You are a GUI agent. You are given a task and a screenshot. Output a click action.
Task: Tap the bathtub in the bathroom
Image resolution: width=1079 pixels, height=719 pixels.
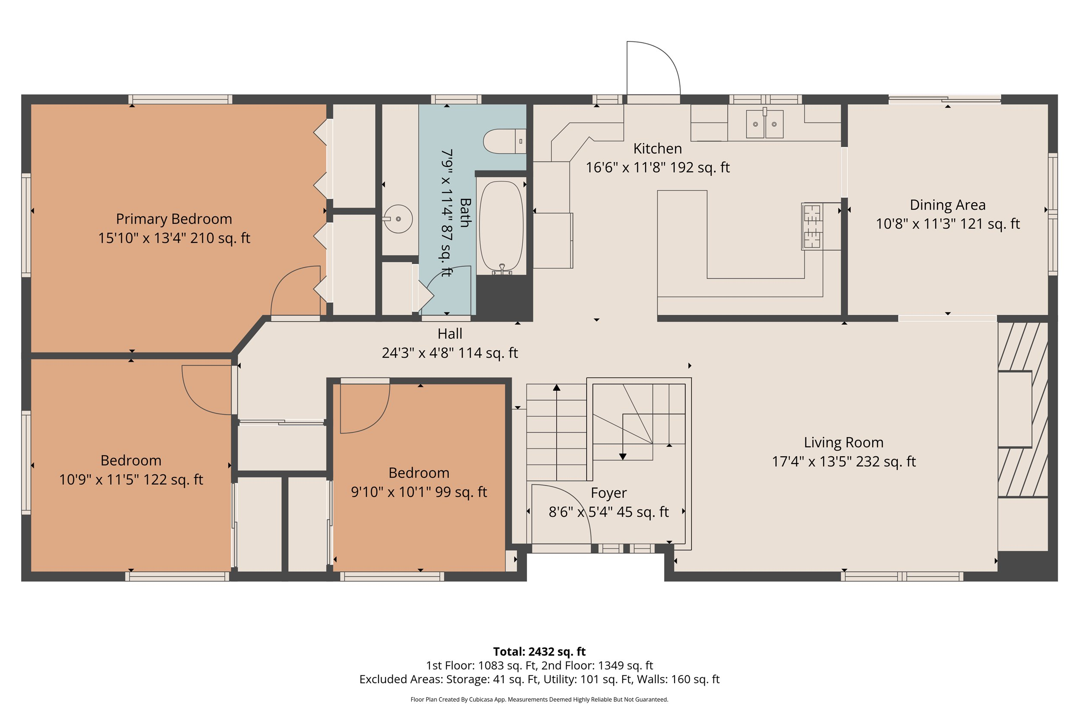(x=501, y=226)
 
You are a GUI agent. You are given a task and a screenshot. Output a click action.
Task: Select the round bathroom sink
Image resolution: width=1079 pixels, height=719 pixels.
(x=398, y=219)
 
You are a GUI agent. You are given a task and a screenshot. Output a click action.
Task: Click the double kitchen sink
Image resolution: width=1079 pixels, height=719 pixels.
(x=764, y=124)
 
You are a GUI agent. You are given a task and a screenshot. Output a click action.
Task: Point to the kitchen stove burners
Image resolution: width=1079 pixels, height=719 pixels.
(x=811, y=226)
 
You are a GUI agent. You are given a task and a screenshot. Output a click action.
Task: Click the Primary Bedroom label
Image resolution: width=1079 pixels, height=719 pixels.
(x=174, y=219)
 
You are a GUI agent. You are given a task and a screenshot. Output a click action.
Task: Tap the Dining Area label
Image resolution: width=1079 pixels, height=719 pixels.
(x=947, y=204)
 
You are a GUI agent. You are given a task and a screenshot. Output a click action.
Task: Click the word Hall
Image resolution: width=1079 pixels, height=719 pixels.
(x=450, y=333)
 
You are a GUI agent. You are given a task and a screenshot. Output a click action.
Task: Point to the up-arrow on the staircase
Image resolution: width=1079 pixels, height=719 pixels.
(x=556, y=388)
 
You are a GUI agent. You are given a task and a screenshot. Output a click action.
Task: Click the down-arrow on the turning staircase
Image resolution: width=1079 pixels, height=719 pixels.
(x=622, y=456)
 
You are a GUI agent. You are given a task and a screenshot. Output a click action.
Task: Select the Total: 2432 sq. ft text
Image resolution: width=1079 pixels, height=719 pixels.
(x=539, y=652)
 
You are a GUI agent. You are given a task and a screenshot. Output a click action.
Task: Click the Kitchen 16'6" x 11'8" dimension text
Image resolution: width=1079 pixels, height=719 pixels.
(x=657, y=167)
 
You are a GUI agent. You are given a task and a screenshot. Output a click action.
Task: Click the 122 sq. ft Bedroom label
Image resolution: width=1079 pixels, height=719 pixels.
(x=131, y=460)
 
